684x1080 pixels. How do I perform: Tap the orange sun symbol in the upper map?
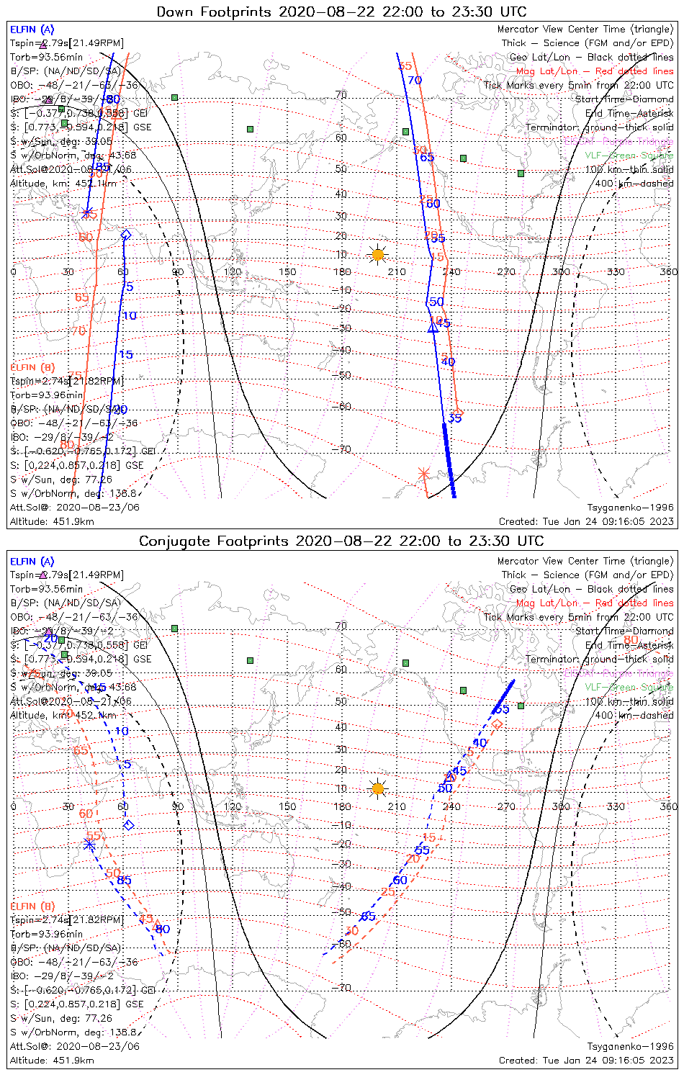click(x=377, y=255)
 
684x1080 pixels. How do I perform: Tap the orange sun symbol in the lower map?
click(x=377, y=788)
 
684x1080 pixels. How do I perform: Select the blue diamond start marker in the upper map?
click(x=126, y=235)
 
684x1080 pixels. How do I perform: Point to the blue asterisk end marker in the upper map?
click(x=87, y=213)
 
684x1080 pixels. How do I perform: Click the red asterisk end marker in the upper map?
click(x=423, y=473)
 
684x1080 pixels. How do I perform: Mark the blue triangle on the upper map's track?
click(x=433, y=328)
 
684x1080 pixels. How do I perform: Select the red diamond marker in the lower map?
click(x=497, y=724)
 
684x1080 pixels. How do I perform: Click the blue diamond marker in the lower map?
click(x=129, y=825)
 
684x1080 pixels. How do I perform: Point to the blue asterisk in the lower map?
click(x=89, y=844)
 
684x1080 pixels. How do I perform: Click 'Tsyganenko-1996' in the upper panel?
click(x=630, y=508)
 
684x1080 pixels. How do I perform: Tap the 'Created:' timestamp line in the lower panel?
click(x=586, y=1061)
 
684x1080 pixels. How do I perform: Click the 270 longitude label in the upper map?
click(x=506, y=272)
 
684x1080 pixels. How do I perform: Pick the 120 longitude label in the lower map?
click(x=233, y=806)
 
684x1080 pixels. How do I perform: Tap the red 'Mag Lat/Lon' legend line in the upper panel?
click(x=595, y=71)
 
